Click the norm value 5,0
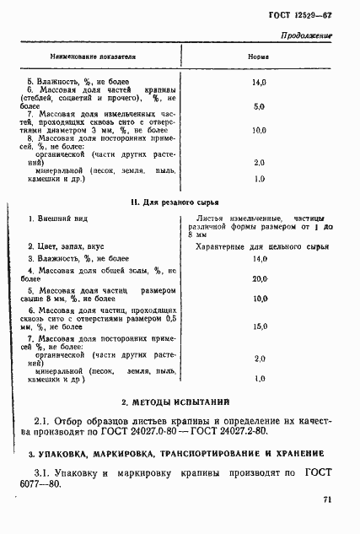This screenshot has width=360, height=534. [x=259, y=107]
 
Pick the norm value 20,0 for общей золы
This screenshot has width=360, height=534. [x=260, y=278]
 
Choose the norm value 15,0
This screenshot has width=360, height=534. [x=260, y=326]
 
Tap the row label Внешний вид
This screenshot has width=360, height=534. [x=53, y=219]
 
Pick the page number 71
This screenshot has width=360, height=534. [x=327, y=501]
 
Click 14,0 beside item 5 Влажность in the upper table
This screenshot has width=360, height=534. [x=259, y=83]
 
